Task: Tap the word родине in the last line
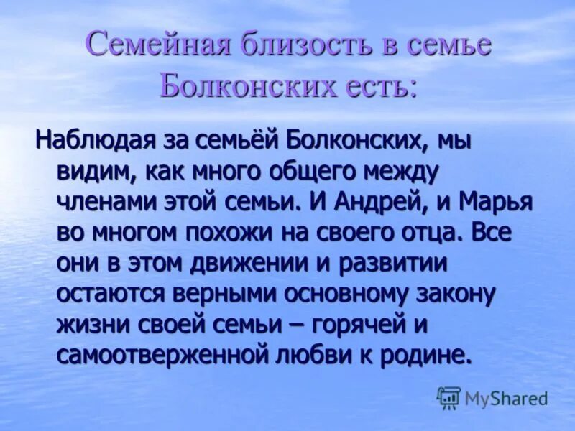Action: pos(428,356)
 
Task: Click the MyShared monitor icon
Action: pos(448,397)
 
